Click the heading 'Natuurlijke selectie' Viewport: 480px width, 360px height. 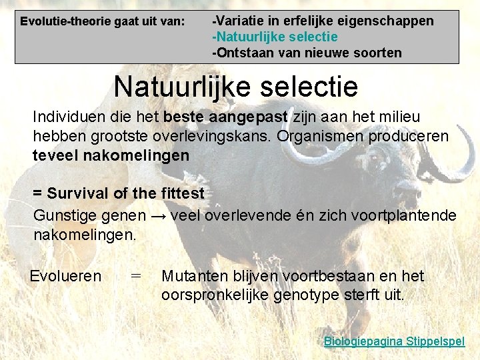point(235,87)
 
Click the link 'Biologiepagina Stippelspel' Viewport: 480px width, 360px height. point(394,341)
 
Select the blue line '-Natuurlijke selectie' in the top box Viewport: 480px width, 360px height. point(275,37)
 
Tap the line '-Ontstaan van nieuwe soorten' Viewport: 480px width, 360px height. point(307,53)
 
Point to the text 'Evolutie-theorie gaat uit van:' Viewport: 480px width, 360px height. point(103,21)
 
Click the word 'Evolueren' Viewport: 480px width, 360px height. point(65,276)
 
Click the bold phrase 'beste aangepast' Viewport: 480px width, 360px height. point(225,117)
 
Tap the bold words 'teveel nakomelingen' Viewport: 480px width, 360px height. point(111,155)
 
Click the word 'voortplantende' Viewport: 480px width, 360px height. point(407,215)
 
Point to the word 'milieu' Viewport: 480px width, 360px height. point(399,117)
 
